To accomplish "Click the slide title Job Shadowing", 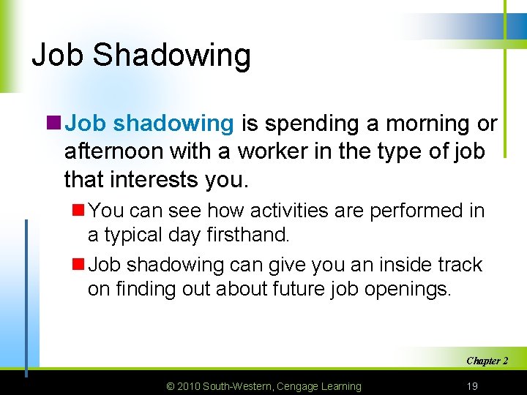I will pos(141,56).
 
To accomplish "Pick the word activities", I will pos(294,211).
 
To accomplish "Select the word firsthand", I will pos(249,235).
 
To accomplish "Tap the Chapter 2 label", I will pos(487,361).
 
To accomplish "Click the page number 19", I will pos(473,385).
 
